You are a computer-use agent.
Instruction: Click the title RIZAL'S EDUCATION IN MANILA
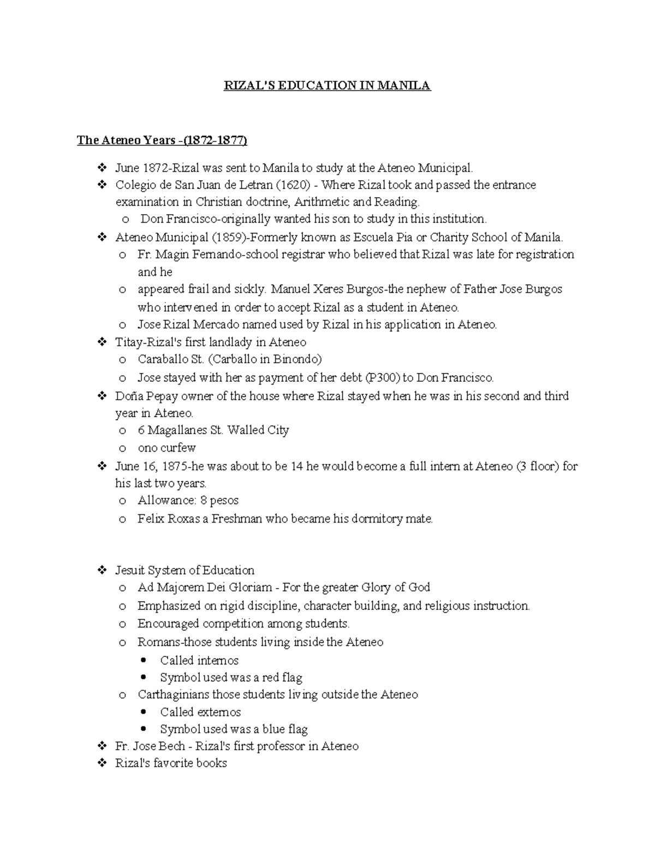point(327,86)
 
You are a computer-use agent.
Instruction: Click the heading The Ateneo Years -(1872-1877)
point(162,140)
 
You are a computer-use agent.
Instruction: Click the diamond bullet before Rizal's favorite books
point(102,763)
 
